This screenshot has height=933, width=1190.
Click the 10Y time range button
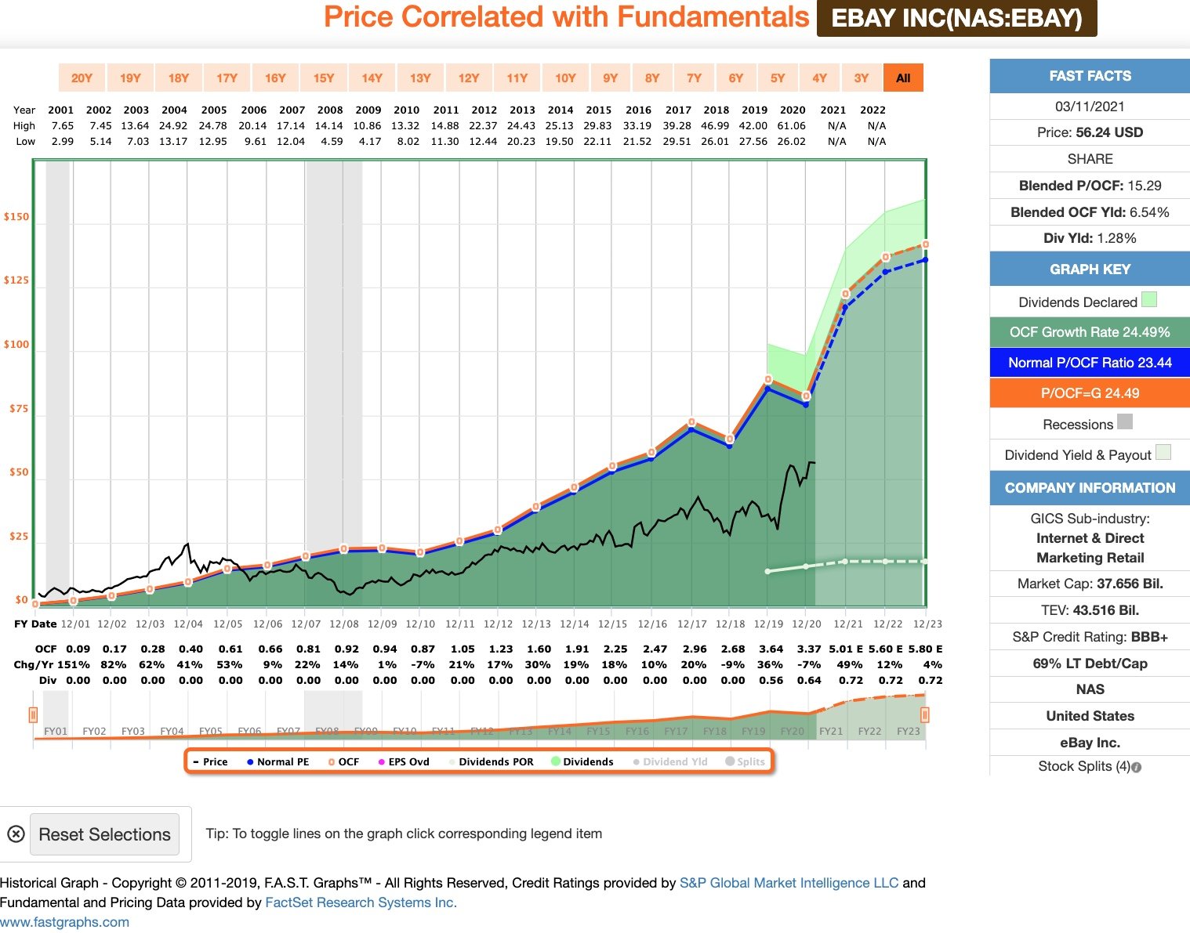pos(565,78)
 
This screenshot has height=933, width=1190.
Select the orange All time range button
pos(903,78)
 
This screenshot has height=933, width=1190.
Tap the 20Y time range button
pos(82,78)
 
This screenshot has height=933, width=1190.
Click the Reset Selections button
pos(104,834)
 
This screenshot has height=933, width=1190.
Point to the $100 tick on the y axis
pos(16,345)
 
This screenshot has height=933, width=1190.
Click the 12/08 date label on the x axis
pos(343,624)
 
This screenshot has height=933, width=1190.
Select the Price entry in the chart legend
pos(210,761)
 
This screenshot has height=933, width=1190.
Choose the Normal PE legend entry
pos(278,761)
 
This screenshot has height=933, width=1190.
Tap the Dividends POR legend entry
pos(492,761)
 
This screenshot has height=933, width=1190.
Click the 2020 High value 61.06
pos(792,125)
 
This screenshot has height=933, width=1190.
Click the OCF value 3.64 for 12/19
pos(771,649)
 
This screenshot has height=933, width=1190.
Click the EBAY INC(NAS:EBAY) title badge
pos(956,18)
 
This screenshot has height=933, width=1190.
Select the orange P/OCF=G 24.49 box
pos(1090,393)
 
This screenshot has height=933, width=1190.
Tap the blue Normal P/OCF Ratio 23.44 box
pos(1090,363)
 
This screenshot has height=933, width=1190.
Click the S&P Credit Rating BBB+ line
pos(1090,637)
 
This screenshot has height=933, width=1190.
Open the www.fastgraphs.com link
pos(65,922)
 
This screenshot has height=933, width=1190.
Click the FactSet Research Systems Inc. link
pos(361,902)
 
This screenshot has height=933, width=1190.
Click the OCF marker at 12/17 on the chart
pos(691,422)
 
